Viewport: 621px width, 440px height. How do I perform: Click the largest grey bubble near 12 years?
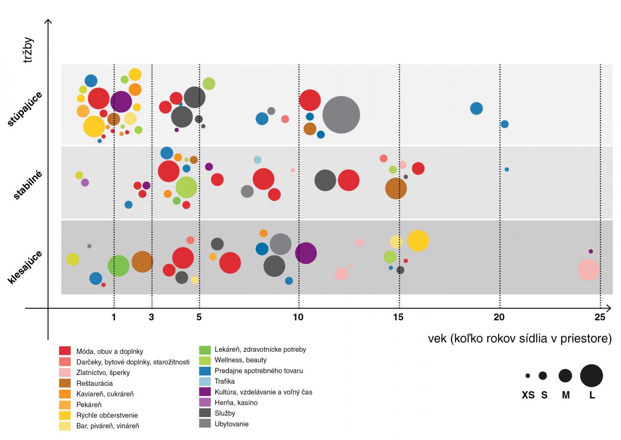click(x=341, y=114)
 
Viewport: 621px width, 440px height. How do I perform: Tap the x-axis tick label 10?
click(x=298, y=317)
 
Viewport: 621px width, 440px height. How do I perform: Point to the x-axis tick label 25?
click(x=600, y=317)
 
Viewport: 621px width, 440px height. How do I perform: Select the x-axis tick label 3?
click(x=152, y=317)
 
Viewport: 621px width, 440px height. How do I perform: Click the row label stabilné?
click(x=28, y=185)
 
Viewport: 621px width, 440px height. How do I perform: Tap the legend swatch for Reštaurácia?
click(x=65, y=383)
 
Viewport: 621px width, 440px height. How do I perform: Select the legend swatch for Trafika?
click(x=205, y=381)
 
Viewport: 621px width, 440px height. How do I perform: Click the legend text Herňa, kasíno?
click(x=236, y=403)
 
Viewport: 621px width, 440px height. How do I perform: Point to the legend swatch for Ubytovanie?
click(x=205, y=424)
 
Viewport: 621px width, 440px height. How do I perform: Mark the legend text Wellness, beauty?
click(x=241, y=360)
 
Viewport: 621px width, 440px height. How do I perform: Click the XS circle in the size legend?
click(x=528, y=375)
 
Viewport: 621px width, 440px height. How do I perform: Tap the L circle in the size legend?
click(x=591, y=375)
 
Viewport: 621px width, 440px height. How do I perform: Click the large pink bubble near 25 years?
click(x=588, y=269)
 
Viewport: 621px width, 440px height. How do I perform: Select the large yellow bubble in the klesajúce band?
click(x=418, y=241)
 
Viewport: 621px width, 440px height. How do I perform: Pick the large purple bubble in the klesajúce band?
click(x=306, y=253)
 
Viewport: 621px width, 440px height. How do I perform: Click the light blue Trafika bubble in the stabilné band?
click(x=258, y=160)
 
